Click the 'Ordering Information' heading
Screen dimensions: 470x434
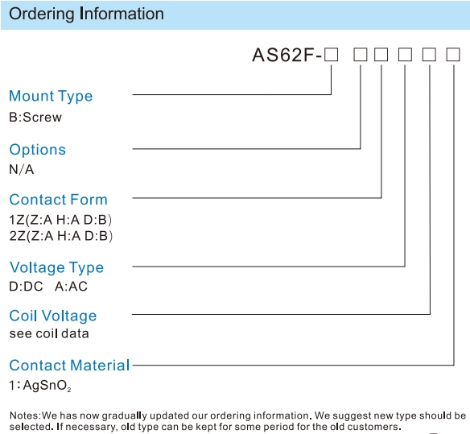pos(86,14)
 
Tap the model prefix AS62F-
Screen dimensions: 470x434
pos(287,55)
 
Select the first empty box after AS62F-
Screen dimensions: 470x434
pos(332,55)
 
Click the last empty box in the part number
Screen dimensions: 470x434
pos(453,55)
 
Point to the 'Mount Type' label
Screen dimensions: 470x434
pos(51,97)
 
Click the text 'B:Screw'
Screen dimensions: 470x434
pos(35,117)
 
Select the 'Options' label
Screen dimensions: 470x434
pos(38,150)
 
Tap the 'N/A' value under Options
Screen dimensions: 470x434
pos(21,169)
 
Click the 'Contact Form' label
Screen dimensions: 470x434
pos(58,200)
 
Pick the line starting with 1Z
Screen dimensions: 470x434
pos(60,220)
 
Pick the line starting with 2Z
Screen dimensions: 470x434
pos(61,236)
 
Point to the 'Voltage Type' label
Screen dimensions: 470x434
pos(56,267)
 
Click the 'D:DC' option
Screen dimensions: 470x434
pos(26,287)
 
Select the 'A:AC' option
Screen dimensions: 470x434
pos(71,287)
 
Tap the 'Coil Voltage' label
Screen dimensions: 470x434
pos(53,316)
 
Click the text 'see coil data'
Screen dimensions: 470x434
pos(49,333)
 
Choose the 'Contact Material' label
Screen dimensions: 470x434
pos(69,366)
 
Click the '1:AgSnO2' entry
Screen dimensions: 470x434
pos(40,386)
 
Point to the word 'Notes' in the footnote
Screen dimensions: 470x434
pos(24,415)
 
